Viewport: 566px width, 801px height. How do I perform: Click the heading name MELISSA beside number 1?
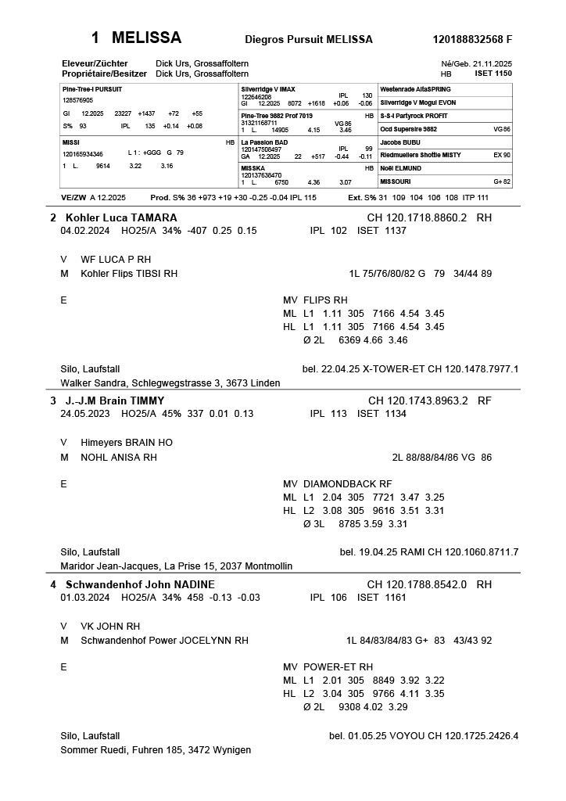coord(147,38)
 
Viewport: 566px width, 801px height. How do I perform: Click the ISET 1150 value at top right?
coord(493,73)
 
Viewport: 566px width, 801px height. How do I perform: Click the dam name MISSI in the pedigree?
coord(70,142)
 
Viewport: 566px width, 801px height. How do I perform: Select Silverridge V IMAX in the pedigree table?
coord(268,89)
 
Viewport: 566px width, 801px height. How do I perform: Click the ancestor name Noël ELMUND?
coord(400,168)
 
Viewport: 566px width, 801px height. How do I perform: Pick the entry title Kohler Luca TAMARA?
coord(121,217)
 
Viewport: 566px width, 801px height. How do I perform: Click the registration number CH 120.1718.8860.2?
coord(417,217)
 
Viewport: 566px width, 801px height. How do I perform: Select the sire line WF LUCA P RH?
coord(116,259)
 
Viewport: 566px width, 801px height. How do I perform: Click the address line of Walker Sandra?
coord(170,383)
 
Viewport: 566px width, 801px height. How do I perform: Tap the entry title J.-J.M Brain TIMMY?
coord(115,400)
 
